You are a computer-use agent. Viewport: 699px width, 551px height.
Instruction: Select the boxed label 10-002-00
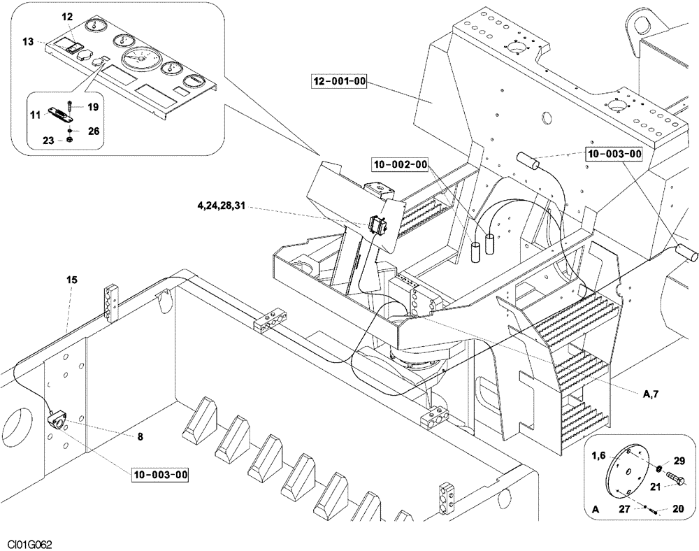(400, 164)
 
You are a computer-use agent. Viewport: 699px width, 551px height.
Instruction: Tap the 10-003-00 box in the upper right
(614, 154)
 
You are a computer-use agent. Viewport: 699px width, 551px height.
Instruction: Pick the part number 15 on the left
(72, 280)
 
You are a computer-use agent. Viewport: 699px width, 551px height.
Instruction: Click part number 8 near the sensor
(140, 436)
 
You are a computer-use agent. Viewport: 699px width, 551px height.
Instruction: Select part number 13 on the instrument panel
(27, 43)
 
